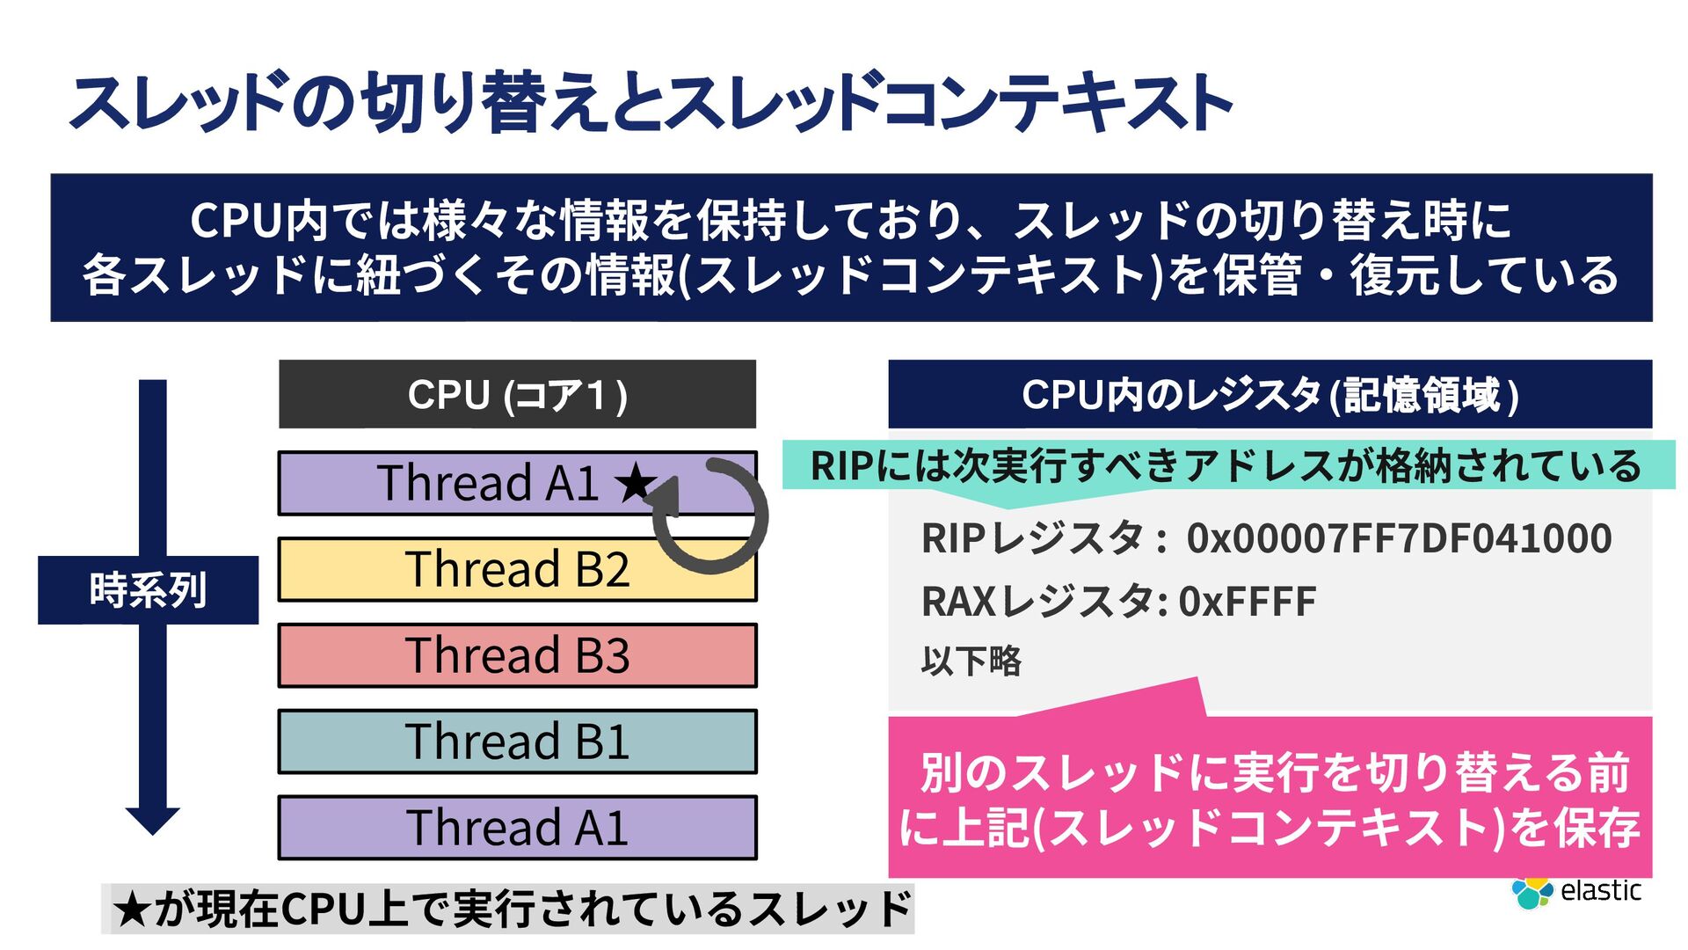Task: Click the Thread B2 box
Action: [x=517, y=569]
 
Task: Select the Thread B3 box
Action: [x=517, y=655]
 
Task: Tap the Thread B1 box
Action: [x=517, y=742]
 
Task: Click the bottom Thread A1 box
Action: [x=517, y=828]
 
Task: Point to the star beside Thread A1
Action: [x=635, y=483]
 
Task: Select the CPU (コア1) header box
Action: [x=517, y=394]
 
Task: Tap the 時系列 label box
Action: [x=148, y=590]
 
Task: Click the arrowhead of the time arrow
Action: [x=152, y=820]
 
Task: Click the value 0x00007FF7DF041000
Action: [x=1399, y=538]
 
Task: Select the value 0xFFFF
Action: [x=1247, y=603]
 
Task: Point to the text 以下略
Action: [x=971, y=661]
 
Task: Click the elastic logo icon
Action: [x=1532, y=892]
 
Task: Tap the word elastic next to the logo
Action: [x=1600, y=891]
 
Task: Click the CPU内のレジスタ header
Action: [x=1270, y=394]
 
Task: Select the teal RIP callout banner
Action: [x=1227, y=465]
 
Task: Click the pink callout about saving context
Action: [x=1270, y=799]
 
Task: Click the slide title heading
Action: [x=651, y=104]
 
